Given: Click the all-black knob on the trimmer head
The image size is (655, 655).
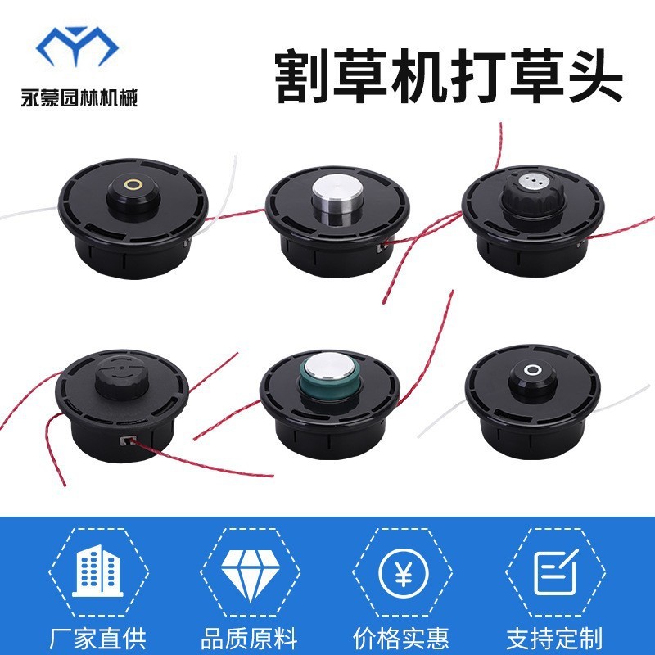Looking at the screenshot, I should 123,376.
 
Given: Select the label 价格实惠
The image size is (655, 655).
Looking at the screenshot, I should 404,637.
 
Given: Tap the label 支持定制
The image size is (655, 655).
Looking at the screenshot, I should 557,637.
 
